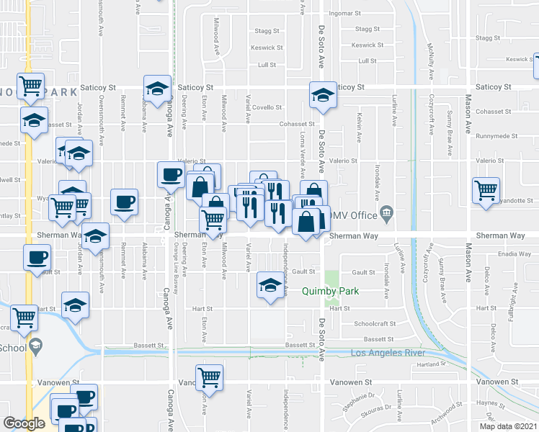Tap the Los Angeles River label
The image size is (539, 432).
(x=386, y=353)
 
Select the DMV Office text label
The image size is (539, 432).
(x=353, y=215)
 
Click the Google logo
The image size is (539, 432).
(x=24, y=423)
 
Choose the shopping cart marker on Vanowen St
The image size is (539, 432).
(x=210, y=376)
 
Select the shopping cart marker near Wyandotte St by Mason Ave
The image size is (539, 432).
(x=486, y=190)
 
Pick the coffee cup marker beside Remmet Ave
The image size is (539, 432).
(x=124, y=201)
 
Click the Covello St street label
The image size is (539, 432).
(x=267, y=107)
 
